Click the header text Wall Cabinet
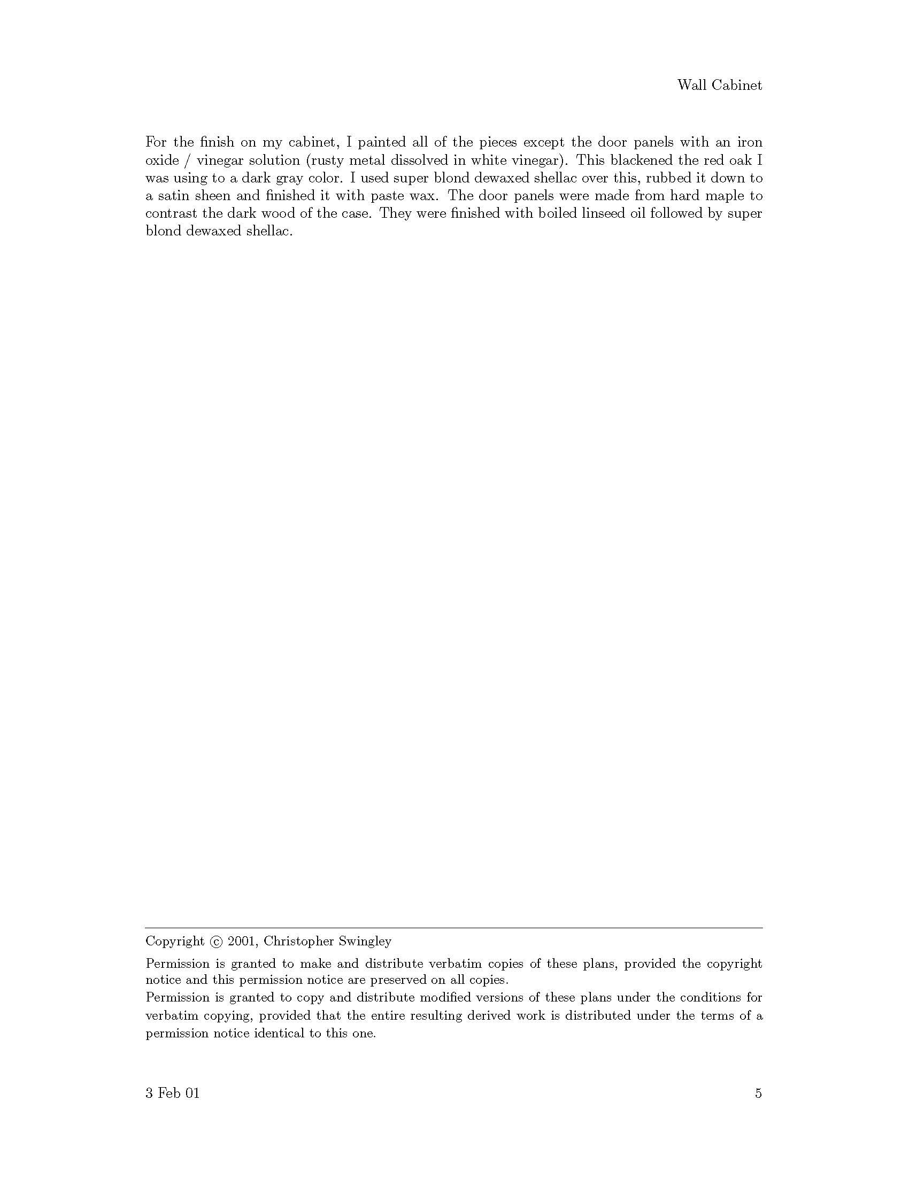coord(719,85)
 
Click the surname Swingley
coord(365,942)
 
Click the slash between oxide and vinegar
coord(187,160)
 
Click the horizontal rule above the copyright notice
coord(454,928)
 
